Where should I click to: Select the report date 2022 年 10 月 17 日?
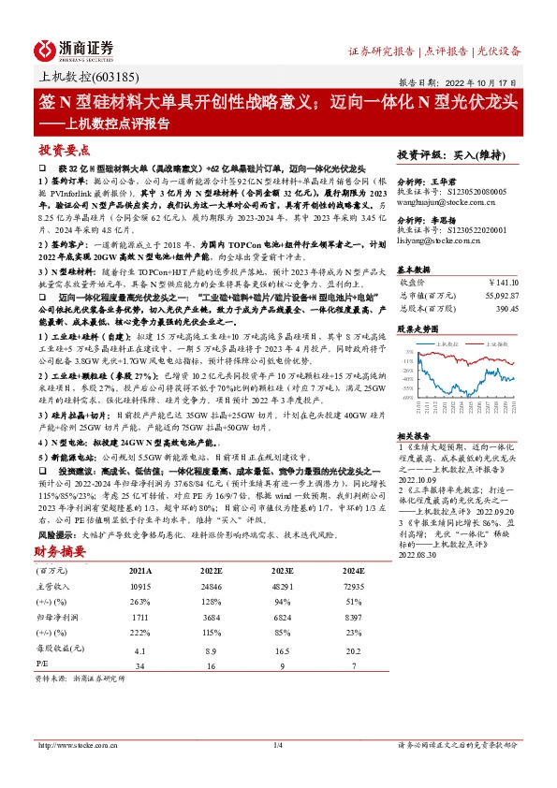point(488,81)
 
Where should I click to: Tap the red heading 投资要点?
point(63,150)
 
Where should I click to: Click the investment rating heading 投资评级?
point(418,154)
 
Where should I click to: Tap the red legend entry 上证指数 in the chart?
point(494,343)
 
